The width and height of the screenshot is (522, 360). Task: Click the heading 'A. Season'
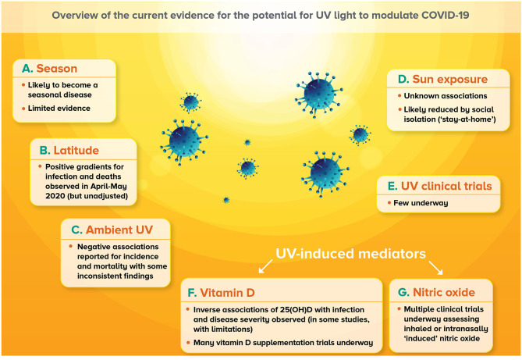[x=50, y=69]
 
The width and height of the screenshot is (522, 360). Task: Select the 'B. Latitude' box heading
[x=69, y=151]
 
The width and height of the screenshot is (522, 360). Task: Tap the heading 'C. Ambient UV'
[x=112, y=230]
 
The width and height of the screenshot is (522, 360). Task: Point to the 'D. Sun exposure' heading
[x=442, y=79]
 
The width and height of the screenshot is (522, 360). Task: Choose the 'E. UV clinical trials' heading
[x=440, y=186]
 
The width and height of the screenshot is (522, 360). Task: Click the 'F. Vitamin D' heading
[x=221, y=293]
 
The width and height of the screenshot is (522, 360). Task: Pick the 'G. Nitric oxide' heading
[x=436, y=292]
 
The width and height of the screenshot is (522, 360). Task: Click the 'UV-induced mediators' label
[x=351, y=254]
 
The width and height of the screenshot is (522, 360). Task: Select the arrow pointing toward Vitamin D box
[x=265, y=266]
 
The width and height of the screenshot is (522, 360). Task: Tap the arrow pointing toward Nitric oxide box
[x=435, y=268]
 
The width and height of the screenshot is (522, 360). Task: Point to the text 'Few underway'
[x=421, y=203]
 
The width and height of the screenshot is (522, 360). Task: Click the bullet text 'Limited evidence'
[x=59, y=109]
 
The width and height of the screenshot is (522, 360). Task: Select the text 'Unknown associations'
[x=446, y=96]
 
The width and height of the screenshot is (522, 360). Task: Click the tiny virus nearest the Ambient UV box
[x=226, y=200]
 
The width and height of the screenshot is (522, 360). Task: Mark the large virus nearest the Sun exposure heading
[x=318, y=94]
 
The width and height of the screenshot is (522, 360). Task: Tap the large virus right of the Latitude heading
[x=184, y=141]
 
